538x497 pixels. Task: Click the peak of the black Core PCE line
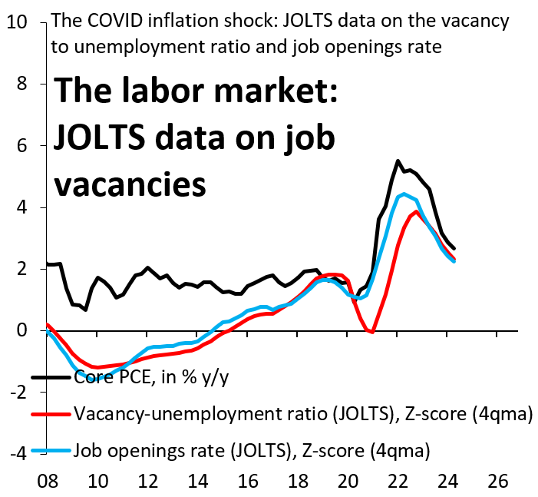[398, 161]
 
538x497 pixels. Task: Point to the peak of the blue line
[404, 194]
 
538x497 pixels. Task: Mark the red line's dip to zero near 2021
[372, 332]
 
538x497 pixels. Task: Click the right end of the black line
[454, 247]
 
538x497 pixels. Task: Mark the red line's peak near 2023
[416, 211]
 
